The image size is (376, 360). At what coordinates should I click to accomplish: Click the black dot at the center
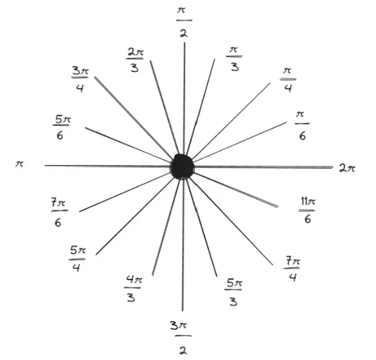click(182, 167)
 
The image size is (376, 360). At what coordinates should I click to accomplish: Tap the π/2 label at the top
click(184, 22)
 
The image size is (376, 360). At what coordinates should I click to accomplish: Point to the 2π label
click(347, 168)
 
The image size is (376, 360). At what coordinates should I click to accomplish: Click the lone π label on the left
click(20, 164)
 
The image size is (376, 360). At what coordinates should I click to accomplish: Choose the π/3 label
click(235, 59)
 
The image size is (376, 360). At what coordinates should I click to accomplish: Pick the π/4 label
click(288, 80)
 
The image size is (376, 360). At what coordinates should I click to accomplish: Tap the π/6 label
click(302, 125)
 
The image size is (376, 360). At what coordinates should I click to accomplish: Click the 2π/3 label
click(135, 61)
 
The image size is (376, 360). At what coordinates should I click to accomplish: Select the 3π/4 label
click(80, 79)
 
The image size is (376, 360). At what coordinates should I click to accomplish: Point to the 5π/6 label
click(62, 127)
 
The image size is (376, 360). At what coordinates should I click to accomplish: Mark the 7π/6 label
click(59, 212)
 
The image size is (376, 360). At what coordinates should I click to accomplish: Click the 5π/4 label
click(77, 259)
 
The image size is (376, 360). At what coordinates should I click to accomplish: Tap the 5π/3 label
click(233, 292)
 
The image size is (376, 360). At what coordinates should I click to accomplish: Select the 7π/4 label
click(292, 269)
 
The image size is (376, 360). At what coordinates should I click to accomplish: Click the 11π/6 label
click(308, 210)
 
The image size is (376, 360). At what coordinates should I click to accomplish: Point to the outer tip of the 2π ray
click(333, 167)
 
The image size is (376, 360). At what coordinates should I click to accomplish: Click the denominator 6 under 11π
click(308, 219)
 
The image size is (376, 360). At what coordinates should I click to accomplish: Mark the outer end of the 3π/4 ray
click(95, 77)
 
